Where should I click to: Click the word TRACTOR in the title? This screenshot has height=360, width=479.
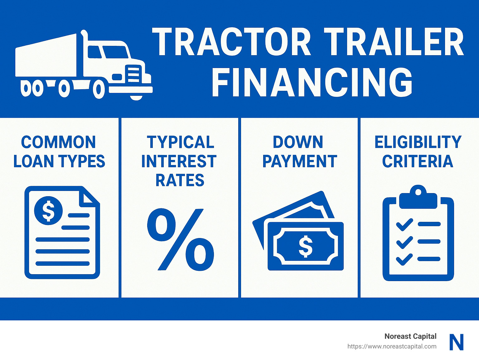pos(231,42)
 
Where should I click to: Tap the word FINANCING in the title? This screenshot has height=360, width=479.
pos(312,83)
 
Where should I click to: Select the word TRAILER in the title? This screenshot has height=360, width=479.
pos(394,42)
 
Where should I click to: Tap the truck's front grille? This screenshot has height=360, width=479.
pos(133,74)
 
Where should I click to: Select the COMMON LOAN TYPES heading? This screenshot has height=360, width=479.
pos(59,152)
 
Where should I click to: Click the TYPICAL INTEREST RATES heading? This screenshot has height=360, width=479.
pos(179,161)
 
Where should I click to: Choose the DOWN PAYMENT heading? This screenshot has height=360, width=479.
pos(299,152)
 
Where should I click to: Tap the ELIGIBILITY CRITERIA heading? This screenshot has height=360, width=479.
pos(418,152)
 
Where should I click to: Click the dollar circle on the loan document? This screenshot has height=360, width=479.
pos(48,211)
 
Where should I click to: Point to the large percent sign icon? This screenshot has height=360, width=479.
pos(180,239)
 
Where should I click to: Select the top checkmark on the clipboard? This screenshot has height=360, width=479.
pos(404,225)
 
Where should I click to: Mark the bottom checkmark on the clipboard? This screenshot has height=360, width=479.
pos(404,259)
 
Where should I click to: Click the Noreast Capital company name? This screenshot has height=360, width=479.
pos(410,336)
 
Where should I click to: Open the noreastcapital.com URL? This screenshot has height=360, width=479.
pos(392,346)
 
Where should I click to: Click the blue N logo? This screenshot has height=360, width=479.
pos(457,342)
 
